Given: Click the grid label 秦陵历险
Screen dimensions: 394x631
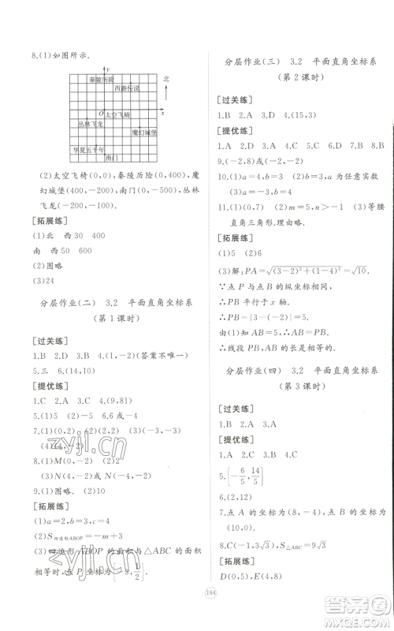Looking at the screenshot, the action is point(101,80).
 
